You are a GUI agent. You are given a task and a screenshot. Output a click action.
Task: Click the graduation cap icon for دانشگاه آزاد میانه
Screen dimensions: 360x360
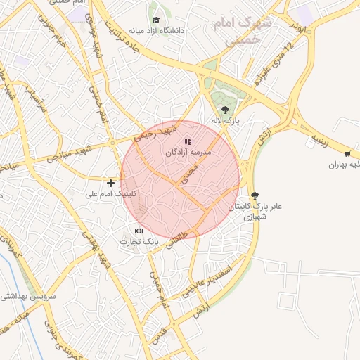(x=155, y=20)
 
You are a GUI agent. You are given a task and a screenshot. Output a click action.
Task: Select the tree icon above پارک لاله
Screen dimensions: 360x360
(x=225, y=109)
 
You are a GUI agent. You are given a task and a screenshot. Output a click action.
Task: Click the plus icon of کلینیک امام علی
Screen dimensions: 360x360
(x=110, y=183)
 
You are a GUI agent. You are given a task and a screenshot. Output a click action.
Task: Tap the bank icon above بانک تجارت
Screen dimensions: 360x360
(x=139, y=231)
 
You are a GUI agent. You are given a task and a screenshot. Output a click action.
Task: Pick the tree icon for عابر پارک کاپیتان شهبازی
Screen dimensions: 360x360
(x=254, y=196)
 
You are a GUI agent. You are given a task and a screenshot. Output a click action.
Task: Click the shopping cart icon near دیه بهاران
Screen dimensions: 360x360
(x=347, y=154)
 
